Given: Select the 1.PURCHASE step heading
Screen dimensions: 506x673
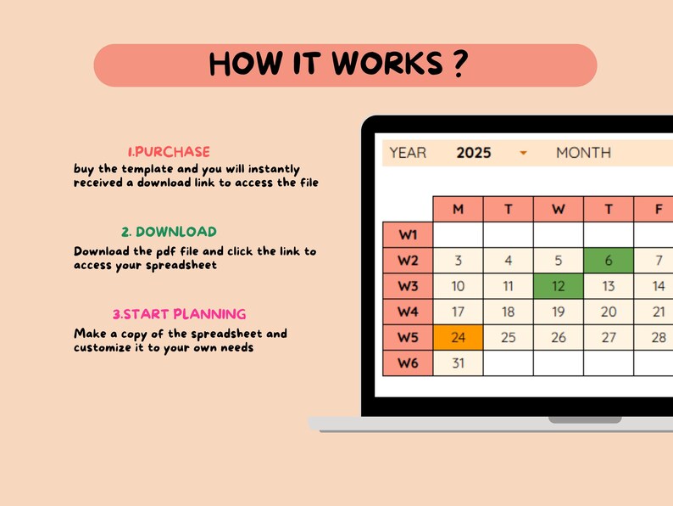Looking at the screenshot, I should [169, 152].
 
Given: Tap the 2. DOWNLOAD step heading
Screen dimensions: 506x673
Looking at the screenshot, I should [168, 232].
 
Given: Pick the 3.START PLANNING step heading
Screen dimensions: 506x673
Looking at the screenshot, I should [179, 314].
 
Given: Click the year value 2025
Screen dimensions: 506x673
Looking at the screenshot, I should [473, 153].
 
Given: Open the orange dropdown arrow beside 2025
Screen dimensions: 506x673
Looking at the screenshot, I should [523, 153].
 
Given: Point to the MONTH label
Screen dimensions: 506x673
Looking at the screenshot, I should [583, 153].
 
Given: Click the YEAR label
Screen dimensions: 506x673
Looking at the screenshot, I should [408, 153].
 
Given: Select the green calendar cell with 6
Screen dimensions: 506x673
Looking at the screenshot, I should [608, 261].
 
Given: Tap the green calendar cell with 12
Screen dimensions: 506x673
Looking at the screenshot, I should [558, 286].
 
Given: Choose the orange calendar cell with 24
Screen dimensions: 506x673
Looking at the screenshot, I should [458, 337].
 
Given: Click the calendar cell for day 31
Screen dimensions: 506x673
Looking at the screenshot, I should [458, 363].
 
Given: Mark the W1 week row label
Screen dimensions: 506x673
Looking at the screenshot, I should [408, 235].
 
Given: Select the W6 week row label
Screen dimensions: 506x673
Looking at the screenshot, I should [408, 363].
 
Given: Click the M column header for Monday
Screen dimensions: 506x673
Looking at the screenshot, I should [458, 209].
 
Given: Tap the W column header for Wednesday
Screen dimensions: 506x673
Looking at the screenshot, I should [558, 209].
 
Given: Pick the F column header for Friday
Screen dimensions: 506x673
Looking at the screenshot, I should [659, 209].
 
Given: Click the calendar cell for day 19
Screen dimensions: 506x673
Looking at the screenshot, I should [558, 312].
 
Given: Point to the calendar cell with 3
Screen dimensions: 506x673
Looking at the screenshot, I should [458, 261].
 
